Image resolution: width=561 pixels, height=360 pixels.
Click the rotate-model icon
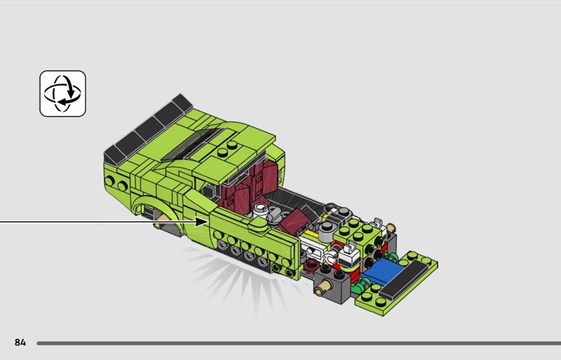[62, 93]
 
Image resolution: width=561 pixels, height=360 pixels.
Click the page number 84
[20, 342]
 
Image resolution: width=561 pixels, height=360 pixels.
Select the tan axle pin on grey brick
[323, 286]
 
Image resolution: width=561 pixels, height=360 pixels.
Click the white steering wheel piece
[261, 211]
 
